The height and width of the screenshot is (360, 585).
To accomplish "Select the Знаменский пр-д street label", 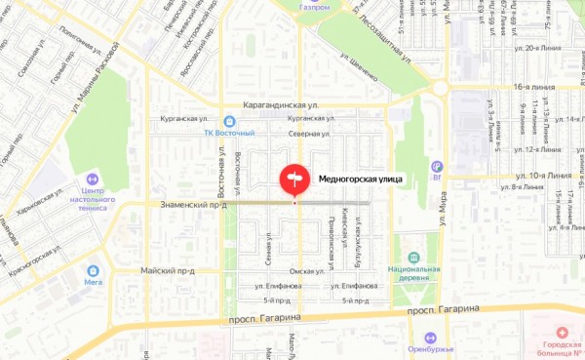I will (x=193, y=205).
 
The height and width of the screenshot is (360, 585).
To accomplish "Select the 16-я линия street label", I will (x=533, y=87).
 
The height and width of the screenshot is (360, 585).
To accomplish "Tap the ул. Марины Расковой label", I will (x=97, y=82).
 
